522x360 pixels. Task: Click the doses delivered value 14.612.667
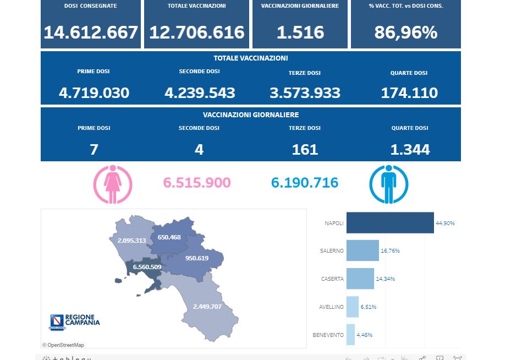pyautogui.click(x=91, y=32)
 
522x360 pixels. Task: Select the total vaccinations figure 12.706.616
pyautogui.click(x=197, y=32)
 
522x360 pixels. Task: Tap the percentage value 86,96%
pyautogui.click(x=406, y=32)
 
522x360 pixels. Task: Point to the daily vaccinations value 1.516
pyautogui.click(x=300, y=32)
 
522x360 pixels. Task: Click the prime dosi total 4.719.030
pyautogui.click(x=94, y=92)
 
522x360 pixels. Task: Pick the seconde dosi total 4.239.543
pyautogui.click(x=200, y=92)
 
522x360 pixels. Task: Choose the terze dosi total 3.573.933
pyautogui.click(x=305, y=92)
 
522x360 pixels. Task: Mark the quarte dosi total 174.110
pyautogui.click(x=409, y=92)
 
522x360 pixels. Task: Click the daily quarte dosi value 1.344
pyautogui.click(x=410, y=149)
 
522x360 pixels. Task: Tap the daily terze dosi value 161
pyautogui.click(x=305, y=149)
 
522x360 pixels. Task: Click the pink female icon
pyautogui.click(x=113, y=184)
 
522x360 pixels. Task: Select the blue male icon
pyautogui.click(x=388, y=184)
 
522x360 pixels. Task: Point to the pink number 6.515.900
pyautogui.click(x=197, y=183)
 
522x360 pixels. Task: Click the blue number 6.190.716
pyautogui.click(x=305, y=183)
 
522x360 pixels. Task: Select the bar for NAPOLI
pyautogui.click(x=390, y=223)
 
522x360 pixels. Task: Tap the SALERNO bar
pyautogui.click(x=362, y=250)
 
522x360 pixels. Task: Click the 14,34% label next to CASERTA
pyautogui.click(x=385, y=279)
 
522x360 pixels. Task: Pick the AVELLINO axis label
pyautogui.click(x=331, y=307)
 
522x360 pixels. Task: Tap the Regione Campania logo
pyautogui.click(x=75, y=321)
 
